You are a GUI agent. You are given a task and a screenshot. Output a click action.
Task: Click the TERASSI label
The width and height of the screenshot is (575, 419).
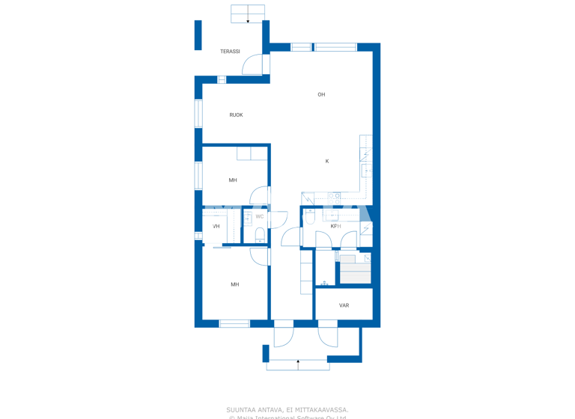click(230, 52)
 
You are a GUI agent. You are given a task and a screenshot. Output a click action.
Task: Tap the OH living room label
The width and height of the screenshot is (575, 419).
click(321, 94)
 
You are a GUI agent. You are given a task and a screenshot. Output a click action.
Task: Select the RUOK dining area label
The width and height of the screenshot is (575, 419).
click(236, 115)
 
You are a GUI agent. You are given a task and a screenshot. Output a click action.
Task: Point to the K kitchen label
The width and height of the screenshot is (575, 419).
click(327, 162)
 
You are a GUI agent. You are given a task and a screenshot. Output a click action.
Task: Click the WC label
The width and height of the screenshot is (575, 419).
click(260, 217)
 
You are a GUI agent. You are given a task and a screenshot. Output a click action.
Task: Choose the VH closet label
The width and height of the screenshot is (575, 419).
click(216, 226)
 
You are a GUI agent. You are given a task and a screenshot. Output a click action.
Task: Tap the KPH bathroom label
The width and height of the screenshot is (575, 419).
click(335, 226)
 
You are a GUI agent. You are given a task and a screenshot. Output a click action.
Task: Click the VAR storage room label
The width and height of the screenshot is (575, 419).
click(344, 305)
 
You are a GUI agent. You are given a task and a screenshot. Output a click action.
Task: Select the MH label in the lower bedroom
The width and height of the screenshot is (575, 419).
click(234, 284)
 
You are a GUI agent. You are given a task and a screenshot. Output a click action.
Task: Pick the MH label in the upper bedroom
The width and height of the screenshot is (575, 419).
click(233, 180)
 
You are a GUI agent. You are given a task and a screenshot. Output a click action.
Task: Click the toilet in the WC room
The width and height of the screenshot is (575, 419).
click(260, 235)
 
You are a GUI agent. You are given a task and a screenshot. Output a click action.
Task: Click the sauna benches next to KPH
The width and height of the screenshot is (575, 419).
click(355, 269)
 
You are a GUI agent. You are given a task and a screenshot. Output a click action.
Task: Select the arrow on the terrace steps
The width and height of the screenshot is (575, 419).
click(248, 21)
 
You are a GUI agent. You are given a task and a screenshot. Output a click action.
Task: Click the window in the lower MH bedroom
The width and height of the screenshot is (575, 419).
click(234, 324)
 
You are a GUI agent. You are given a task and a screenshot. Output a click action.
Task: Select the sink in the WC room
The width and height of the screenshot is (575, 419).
click(248, 217)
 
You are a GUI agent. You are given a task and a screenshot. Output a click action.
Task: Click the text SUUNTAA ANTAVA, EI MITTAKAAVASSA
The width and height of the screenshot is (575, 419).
click(287, 409)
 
